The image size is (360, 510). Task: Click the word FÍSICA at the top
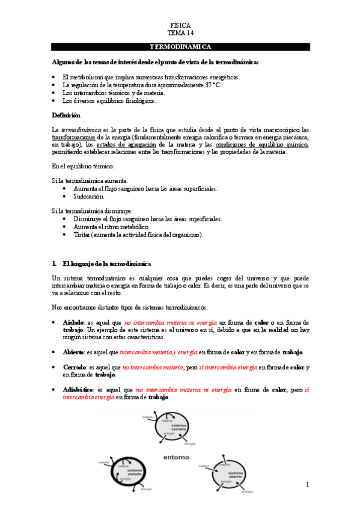(x=180, y=26)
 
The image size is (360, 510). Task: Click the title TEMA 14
(x=180, y=34)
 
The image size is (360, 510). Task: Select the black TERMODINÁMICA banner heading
(x=180, y=46)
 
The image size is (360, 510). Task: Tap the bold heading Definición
(x=66, y=114)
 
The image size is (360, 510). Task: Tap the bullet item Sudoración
(x=88, y=196)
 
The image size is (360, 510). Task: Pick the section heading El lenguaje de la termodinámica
(x=106, y=263)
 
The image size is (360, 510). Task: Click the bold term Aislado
(x=73, y=322)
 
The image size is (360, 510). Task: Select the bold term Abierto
(x=73, y=352)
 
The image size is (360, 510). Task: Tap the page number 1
(x=307, y=485)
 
